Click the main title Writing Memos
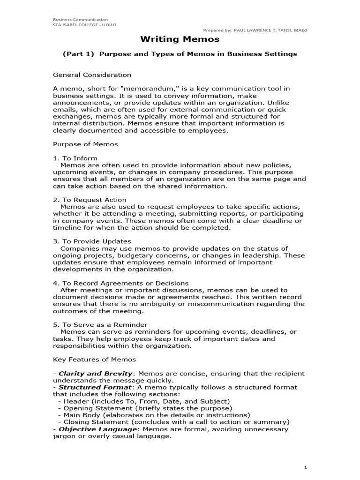(x=180, y=39)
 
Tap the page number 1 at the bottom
(x=305, y=467)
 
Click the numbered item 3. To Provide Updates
(x=92, y=241)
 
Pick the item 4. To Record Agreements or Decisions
(x=120, y=283)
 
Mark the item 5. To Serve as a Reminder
(x=100, y=325)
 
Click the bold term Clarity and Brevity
(x=96, y=374)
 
